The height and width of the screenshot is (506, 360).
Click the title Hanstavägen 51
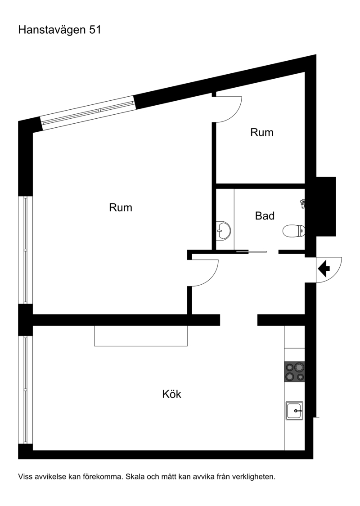60,30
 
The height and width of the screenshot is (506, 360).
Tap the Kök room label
172,394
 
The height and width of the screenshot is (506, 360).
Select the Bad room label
265,215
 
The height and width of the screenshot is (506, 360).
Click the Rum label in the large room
121,207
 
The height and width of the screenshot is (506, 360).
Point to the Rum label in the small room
262,132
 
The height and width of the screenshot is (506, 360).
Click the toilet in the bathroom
293,231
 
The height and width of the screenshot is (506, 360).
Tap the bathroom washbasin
224,230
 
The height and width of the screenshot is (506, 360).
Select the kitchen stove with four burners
294,372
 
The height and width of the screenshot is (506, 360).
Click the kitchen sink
294,411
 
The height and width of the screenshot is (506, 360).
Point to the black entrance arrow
324,269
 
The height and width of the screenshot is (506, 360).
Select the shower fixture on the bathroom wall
302,204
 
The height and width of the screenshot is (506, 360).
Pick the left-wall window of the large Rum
26,250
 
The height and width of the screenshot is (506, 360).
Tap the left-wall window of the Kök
26,390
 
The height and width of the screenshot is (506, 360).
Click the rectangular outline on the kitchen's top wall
141,336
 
